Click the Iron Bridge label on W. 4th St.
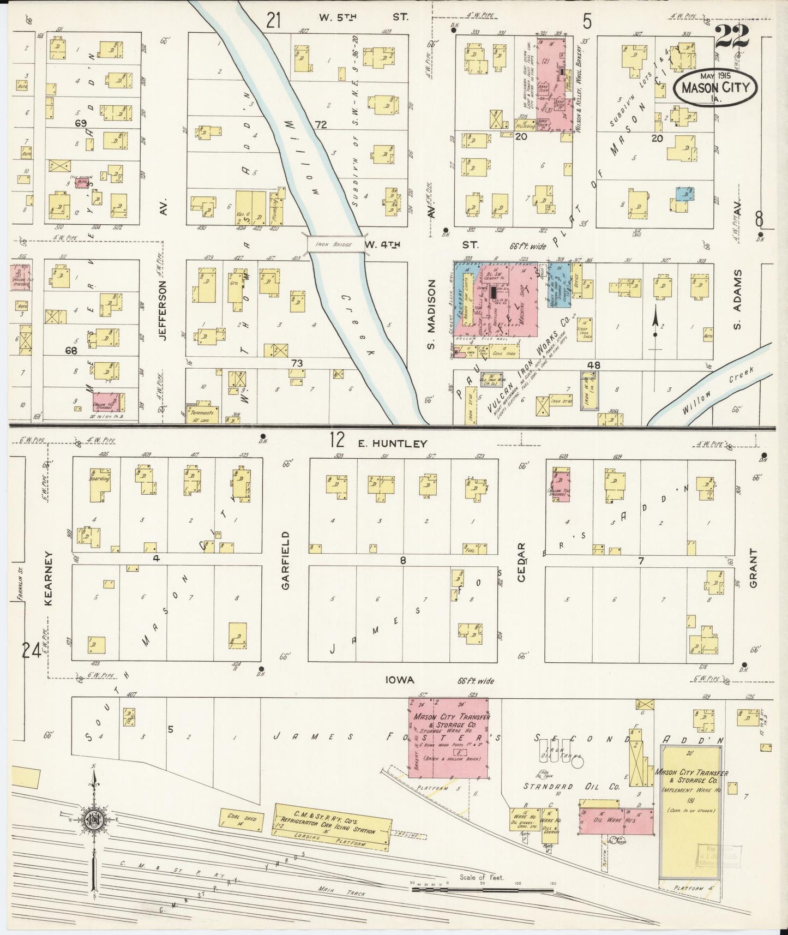click(335, 244)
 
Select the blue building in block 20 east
click(684, 193)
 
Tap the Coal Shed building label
click(241, 819)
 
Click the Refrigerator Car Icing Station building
click(332, 827)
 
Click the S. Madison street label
click(431, 314)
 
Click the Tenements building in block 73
click(203, 413)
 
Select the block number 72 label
click(320, 125)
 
